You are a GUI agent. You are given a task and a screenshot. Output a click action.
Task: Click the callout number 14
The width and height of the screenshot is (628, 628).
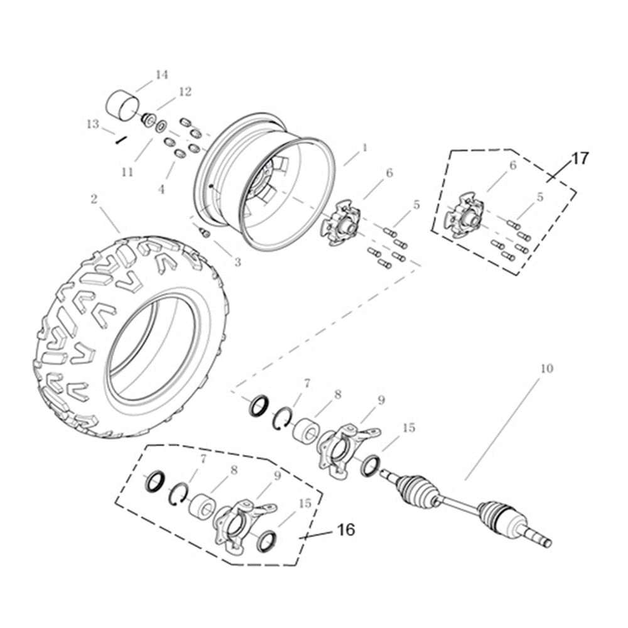point(161,75)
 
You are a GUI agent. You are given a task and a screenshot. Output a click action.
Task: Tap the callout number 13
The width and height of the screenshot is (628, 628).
point(93,124)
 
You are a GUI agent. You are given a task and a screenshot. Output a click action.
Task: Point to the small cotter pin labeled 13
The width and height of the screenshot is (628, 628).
point(121,140)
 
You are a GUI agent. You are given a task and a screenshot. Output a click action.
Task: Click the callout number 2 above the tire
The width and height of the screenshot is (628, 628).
point(94,198)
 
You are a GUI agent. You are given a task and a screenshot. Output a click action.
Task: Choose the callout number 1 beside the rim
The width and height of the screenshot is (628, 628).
point(364,148)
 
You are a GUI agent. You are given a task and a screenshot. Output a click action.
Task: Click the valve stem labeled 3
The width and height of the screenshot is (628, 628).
point(203,232)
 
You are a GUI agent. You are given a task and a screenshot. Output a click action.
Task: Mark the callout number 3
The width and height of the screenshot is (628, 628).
point(237,263)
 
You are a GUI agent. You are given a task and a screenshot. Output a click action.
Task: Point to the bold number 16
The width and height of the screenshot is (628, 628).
point(345,529)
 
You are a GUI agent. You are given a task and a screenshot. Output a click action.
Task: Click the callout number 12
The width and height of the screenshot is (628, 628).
point(184,92)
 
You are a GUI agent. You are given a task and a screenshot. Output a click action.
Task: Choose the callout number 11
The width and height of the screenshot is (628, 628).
point(127,171)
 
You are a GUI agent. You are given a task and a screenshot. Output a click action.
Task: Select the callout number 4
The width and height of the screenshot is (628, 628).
point(161,189)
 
